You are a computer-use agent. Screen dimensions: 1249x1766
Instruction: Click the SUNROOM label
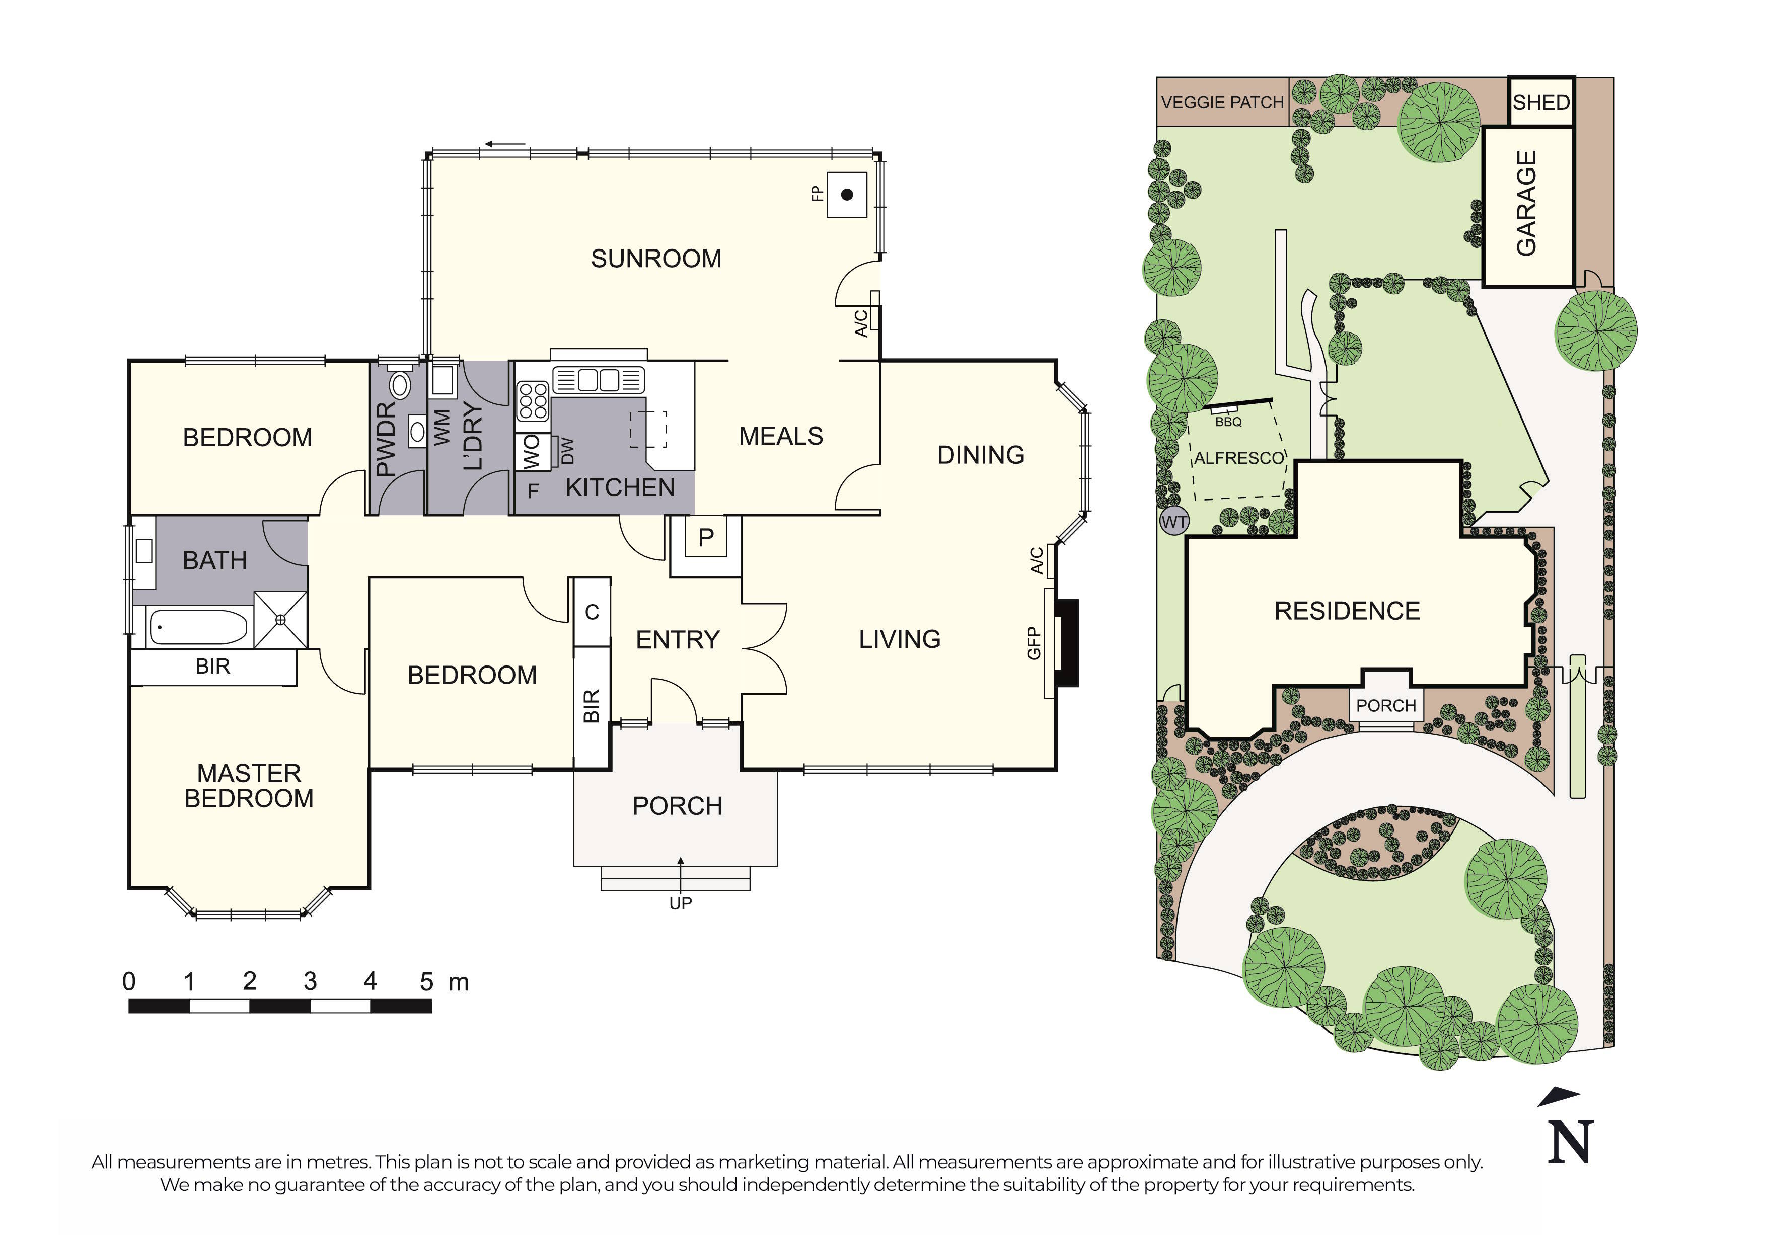pyautogui.click(x=655, y=259)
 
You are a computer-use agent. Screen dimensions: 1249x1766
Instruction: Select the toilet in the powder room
pyautogui.click(x=399, y=383)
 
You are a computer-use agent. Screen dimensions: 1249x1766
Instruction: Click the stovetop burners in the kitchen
pyautogui.click(x=532, y=401)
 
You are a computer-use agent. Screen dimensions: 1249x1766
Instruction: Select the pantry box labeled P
pyautogui.click(x=706, y=538)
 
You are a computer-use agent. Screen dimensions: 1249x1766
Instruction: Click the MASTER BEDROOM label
pyautogui.click(x=249, y=785)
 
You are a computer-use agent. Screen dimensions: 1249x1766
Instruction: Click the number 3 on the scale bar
pyautogui.click(x=310, y=981)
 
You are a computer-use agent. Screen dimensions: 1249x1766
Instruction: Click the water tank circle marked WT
pyautogui.click(x=1173, y=522)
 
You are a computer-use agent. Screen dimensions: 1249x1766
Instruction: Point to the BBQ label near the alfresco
pyautogui.click(x=1228, y=422)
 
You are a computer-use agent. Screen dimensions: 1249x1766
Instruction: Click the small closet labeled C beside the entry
pyautogui.click(x=592, y=612)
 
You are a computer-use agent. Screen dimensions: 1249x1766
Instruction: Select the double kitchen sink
pyautogui.click(x=599, y=380)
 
